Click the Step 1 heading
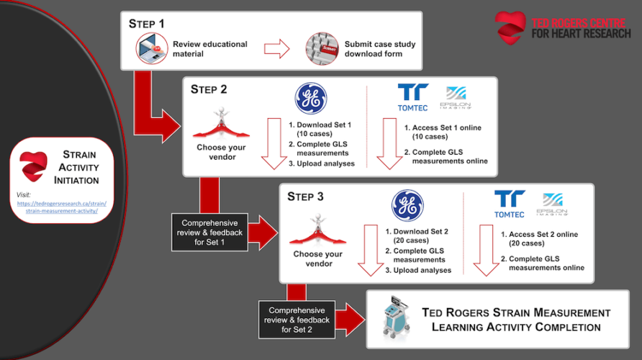(147, 23)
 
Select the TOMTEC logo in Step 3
(510, 204)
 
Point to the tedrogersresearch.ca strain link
(60, 207)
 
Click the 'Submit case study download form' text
(379, 49)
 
